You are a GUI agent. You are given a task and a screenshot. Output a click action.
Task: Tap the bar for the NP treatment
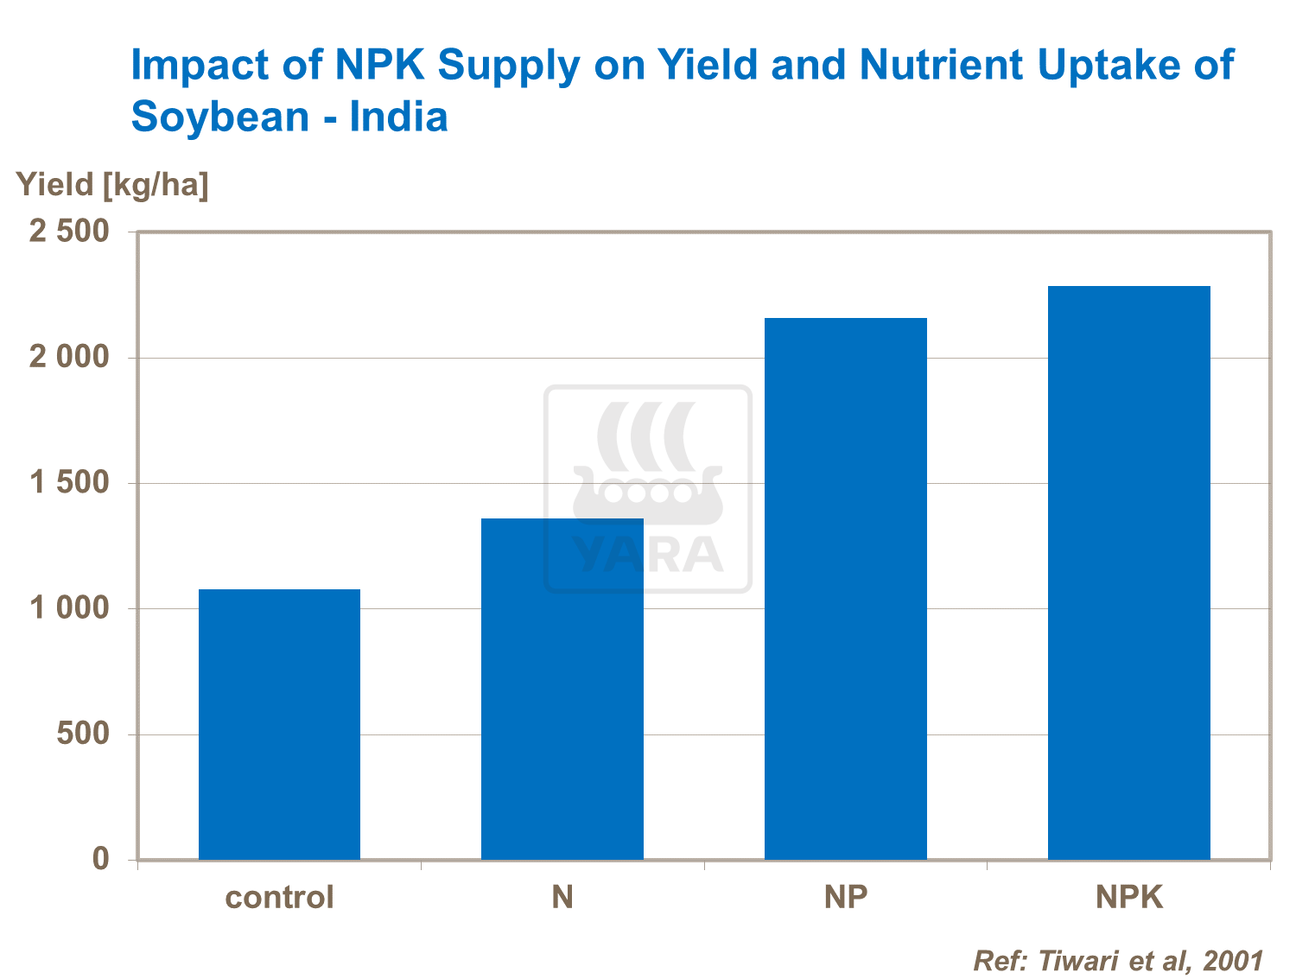(x=845, y=588)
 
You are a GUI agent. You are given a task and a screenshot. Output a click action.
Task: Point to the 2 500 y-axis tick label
(x=70, y=232)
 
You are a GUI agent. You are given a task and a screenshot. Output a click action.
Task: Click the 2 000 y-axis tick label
(x=70, y=357)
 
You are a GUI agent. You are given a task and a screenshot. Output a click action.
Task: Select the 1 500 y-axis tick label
(x=70, y=482)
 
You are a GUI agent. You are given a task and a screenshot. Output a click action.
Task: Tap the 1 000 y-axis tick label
(x=70, y=608)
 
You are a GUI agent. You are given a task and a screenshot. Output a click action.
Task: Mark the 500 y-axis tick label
(x=83, y=734)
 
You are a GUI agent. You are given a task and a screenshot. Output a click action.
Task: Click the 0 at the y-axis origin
(x=101, y=859)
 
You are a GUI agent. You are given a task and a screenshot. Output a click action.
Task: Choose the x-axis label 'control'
(x=279, y=897)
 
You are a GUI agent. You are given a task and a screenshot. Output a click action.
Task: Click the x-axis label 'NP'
(x=845, y=897)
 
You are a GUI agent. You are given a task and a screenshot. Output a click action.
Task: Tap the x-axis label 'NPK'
(x=1128, y=897)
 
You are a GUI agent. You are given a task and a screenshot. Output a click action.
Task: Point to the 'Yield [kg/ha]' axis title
(x=112, y=185)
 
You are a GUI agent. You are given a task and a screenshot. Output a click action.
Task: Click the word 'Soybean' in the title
(x=219, y=117)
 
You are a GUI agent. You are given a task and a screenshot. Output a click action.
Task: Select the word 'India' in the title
(x=398, y=117)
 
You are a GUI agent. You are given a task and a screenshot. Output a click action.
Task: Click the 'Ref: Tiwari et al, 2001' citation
(x=1118, y=960)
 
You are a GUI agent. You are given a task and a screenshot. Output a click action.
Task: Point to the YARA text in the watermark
(x=648, y=555)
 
